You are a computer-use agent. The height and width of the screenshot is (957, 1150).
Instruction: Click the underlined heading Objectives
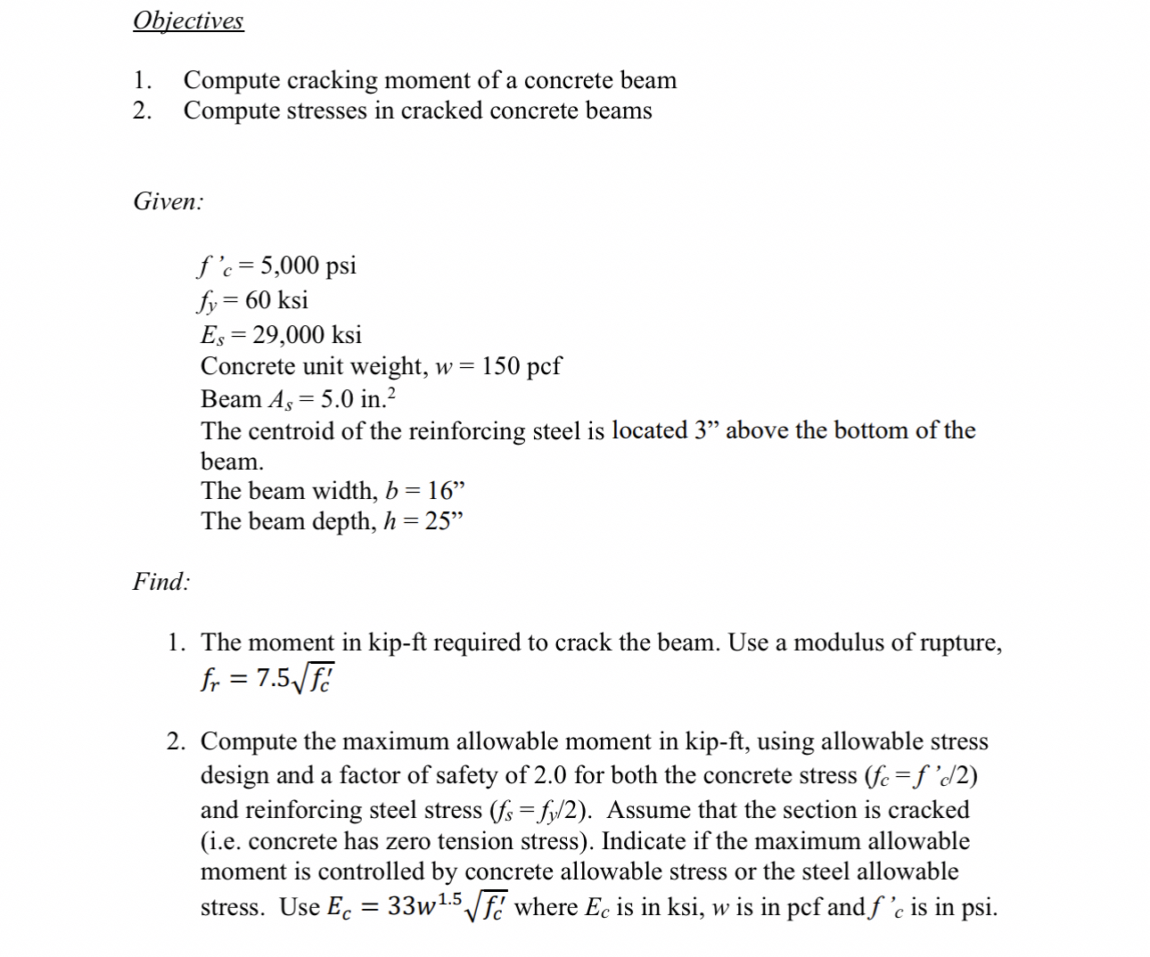[x=188, y=20]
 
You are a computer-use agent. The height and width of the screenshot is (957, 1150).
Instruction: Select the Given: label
[x=168, y=201]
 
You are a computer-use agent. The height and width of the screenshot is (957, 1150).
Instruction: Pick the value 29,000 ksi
[x=307, y=334]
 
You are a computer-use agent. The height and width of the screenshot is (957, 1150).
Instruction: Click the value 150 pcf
[x=522, y=366]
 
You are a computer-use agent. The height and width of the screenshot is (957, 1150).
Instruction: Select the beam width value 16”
[x=446, y=491]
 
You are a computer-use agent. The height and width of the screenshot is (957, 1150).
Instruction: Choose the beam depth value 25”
[x=444, y=521]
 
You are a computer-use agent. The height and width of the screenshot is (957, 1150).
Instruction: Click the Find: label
[x=161, y=582]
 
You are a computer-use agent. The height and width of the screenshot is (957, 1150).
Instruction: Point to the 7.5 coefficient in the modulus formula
[x=273, y=679]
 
